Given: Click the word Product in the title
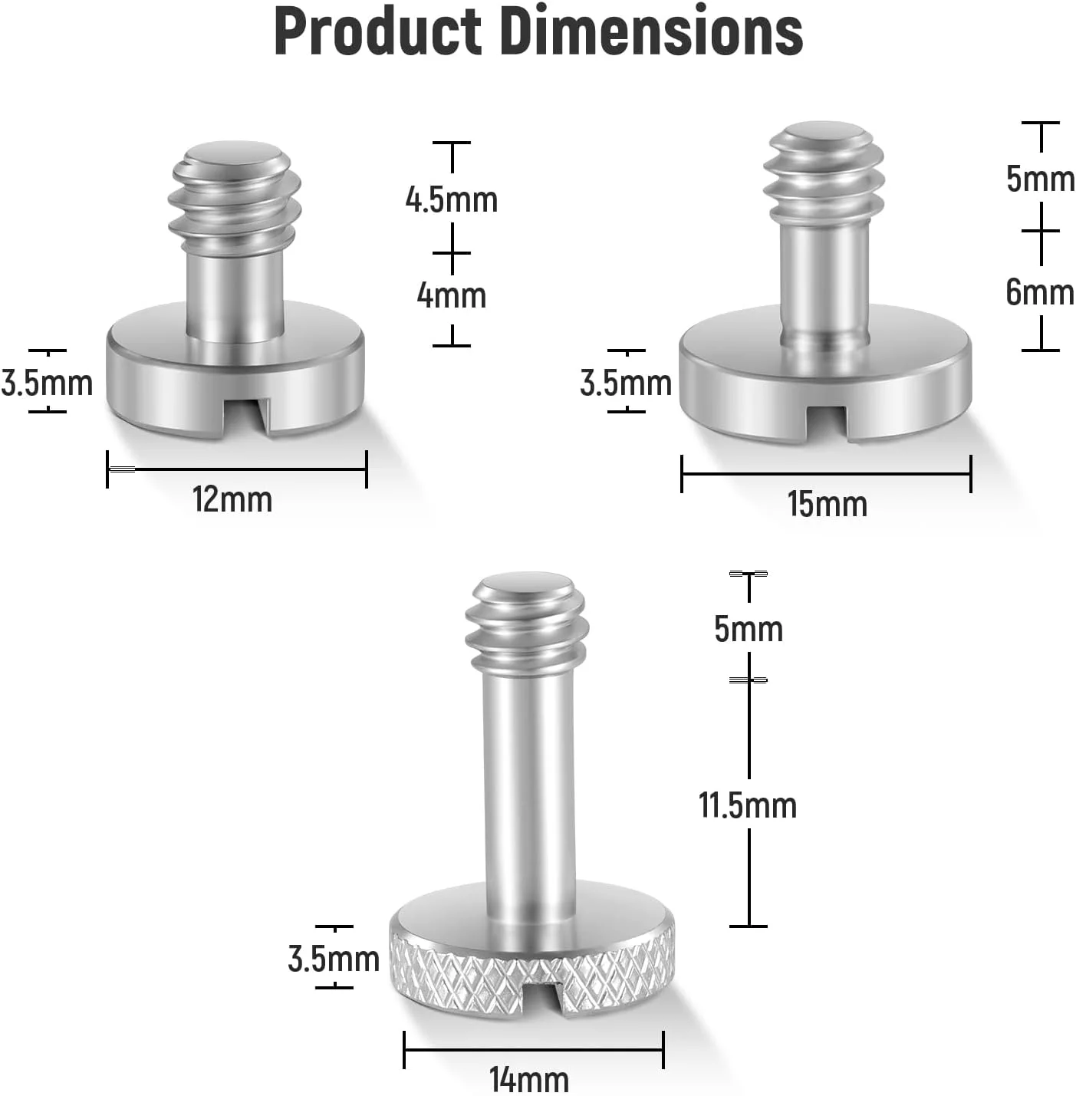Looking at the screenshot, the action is pos(378,31).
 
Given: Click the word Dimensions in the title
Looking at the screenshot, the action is pos(653,31).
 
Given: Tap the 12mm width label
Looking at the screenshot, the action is pos(232,499).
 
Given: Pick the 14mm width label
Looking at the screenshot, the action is pos(529,1079).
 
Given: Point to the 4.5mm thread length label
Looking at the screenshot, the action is pos(451,199).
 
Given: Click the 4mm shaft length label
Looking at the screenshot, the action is pos(451,295).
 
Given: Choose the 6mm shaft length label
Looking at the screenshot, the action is pos(1040,292).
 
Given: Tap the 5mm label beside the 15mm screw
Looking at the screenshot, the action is pos(1041,179).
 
